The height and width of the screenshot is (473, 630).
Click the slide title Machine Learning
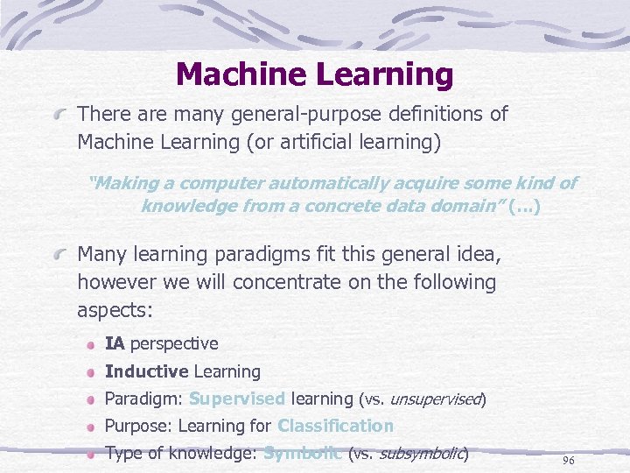(x=314, y=74)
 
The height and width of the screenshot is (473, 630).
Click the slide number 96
(x=568, y=460)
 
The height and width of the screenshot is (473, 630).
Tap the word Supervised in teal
(x=236, y=399)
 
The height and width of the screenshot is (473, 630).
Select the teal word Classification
(x=335, y=426)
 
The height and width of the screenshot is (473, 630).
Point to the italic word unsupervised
(x=435, y=399)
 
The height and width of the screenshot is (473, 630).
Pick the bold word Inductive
(x=146, y=371)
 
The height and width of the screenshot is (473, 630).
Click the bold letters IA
(x=115, y=343)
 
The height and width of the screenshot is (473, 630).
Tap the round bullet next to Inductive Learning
(x=91, y=371)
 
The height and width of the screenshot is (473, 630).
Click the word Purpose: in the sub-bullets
(x=137, y=426)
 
